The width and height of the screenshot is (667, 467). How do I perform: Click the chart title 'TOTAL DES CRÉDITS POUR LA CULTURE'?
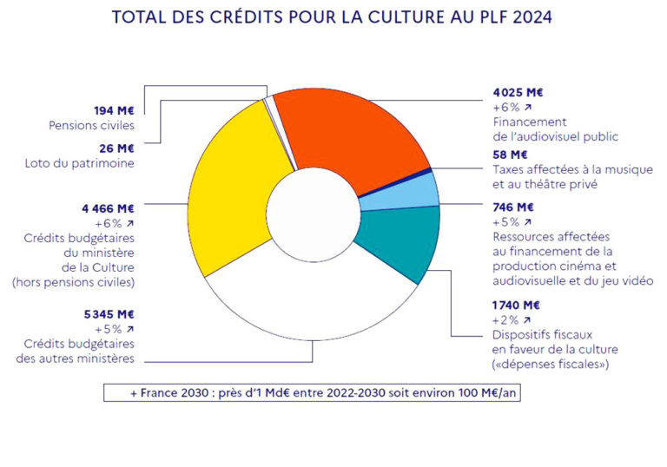click(333, 16)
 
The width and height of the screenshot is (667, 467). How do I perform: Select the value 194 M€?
click(115, 110)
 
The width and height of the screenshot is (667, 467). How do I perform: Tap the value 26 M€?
click(117, 148)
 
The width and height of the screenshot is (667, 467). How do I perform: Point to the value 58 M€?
click(509, 155)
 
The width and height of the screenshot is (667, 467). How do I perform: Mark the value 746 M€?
click(512, 207)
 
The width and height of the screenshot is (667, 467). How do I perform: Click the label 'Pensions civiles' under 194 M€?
click(92, 126)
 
